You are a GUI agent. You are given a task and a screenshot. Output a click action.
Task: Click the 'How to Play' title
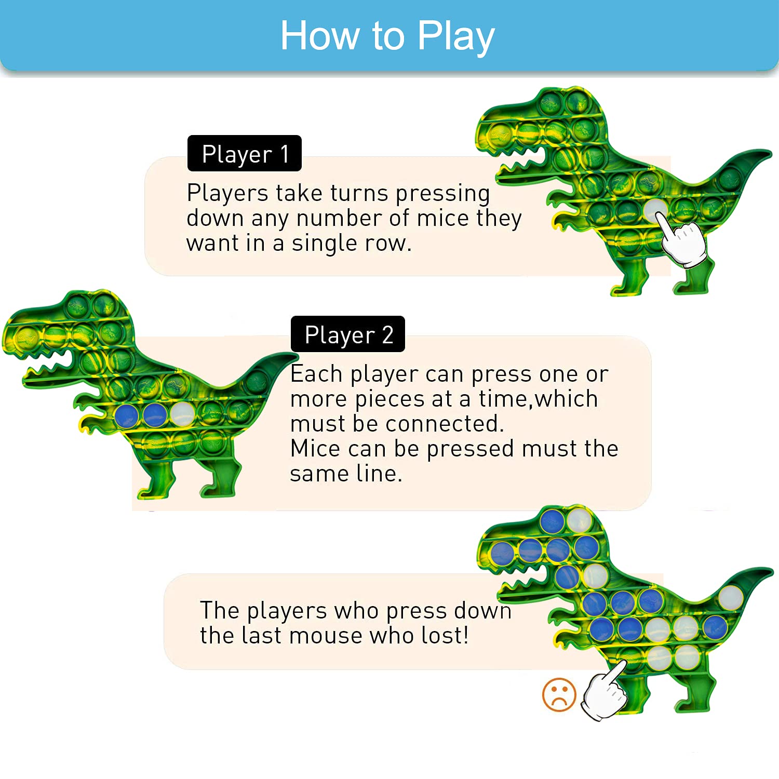click(x=387, y=36)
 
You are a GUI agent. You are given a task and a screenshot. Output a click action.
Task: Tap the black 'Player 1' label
click(x=245, y=154)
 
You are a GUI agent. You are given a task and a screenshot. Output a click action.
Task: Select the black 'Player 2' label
click(x=348, y=334)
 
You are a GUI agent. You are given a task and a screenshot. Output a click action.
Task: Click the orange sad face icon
click(x=559, y=694)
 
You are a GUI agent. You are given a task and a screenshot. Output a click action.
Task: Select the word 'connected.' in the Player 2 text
click(x=444, y=423)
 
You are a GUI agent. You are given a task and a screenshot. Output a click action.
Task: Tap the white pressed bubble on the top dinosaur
click(x=655, y=210)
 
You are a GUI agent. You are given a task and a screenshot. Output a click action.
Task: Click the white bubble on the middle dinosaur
click(x=182, y=414)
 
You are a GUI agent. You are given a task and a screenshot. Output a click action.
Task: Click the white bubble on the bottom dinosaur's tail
click(x=730, y=597)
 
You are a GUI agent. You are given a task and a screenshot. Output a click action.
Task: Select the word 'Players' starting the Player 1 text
click(x=227, y=193)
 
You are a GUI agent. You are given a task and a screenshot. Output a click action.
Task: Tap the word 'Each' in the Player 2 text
click(x=316, y=374)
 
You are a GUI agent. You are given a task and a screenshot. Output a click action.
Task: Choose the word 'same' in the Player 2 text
click(x=320, y=474)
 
